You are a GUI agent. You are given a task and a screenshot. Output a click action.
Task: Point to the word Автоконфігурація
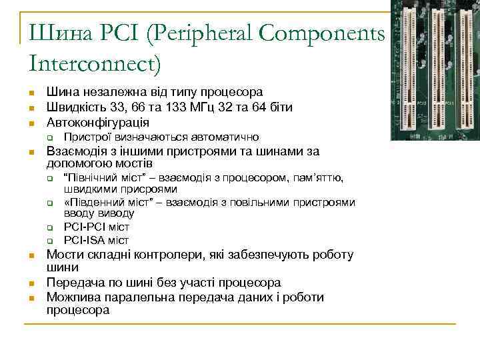coord(98,123)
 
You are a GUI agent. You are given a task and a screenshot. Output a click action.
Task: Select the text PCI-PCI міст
coord(96,227)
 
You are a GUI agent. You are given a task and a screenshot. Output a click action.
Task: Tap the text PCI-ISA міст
coord(96,240)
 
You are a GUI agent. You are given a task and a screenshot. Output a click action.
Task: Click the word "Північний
coord(89,177)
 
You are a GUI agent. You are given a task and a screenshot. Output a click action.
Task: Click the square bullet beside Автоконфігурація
coord(31,123)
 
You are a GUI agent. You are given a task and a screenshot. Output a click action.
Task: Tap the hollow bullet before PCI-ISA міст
coord(49,241)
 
